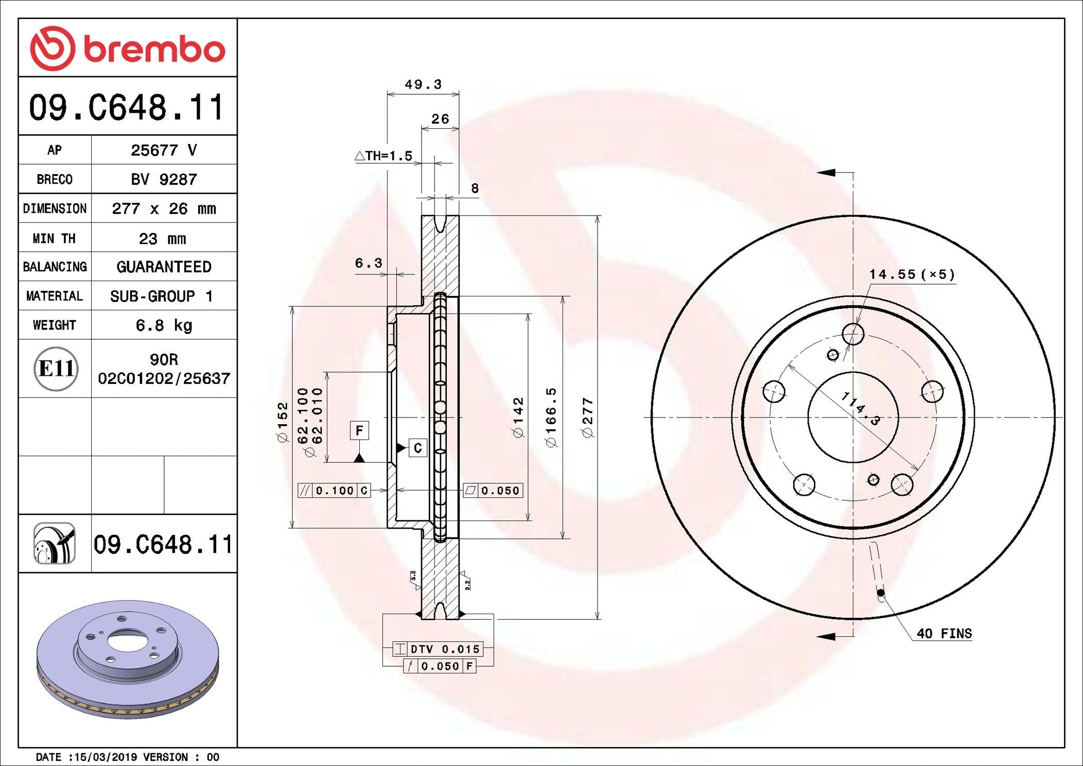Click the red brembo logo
click(x=128, y=48)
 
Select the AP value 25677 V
click(x=164, y=150)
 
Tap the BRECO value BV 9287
click(x=164, y=179)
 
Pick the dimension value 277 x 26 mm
click(x=164, y=208)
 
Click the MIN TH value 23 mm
click(x=163, y=238)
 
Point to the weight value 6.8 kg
click(x=164, y=325)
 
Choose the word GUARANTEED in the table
click(x=164, y=267)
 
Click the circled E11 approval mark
click(x=56, y=369)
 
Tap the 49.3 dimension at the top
click(x=423, y=84)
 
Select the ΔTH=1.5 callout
click(x=384, y=155)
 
